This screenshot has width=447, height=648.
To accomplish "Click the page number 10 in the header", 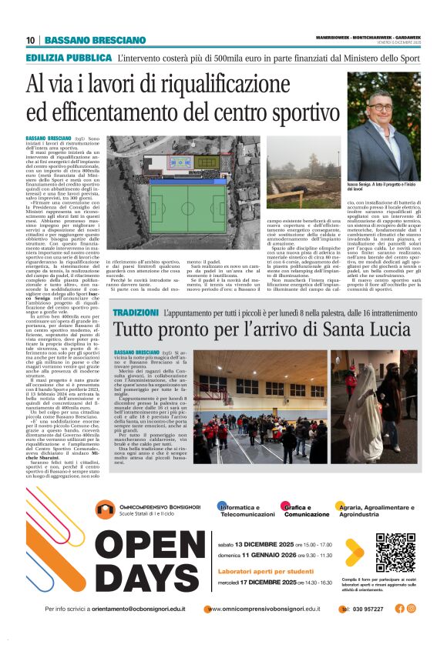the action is point(30,40).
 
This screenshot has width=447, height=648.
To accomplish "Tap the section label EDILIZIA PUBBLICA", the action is point(69,58).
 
